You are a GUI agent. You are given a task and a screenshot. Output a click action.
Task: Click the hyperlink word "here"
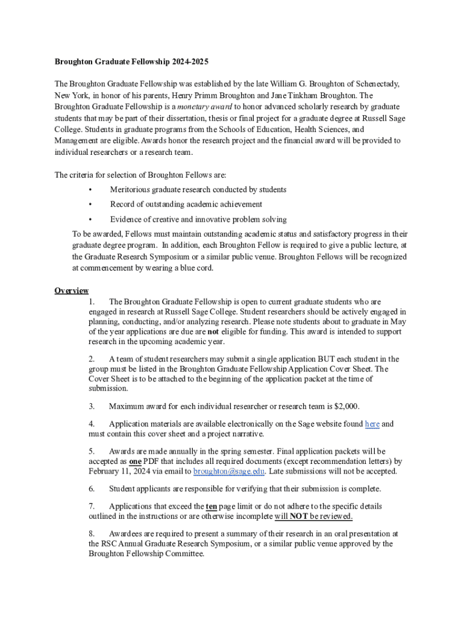click(x=372, y=424)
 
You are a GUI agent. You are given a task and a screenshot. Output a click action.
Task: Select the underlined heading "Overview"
click(x=72, y=291)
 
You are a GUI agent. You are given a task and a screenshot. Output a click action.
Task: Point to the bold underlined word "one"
click(x=135, y=462)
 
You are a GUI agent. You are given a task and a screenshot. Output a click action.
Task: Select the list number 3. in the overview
click(x=92, y=406)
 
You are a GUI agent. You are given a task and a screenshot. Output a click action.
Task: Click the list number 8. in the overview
click(x=92, y=534)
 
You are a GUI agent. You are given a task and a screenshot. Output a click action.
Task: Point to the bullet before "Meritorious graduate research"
click(x=90, y=190)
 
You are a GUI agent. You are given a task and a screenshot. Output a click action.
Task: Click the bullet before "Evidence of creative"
click(x=90, y=219)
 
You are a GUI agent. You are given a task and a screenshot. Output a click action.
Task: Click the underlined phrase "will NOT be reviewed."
click(x=313, y=517)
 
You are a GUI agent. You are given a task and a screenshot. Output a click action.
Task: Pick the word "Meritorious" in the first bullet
click(x=133, y=190)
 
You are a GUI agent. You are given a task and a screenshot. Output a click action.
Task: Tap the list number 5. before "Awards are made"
click(x=92, y=451)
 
